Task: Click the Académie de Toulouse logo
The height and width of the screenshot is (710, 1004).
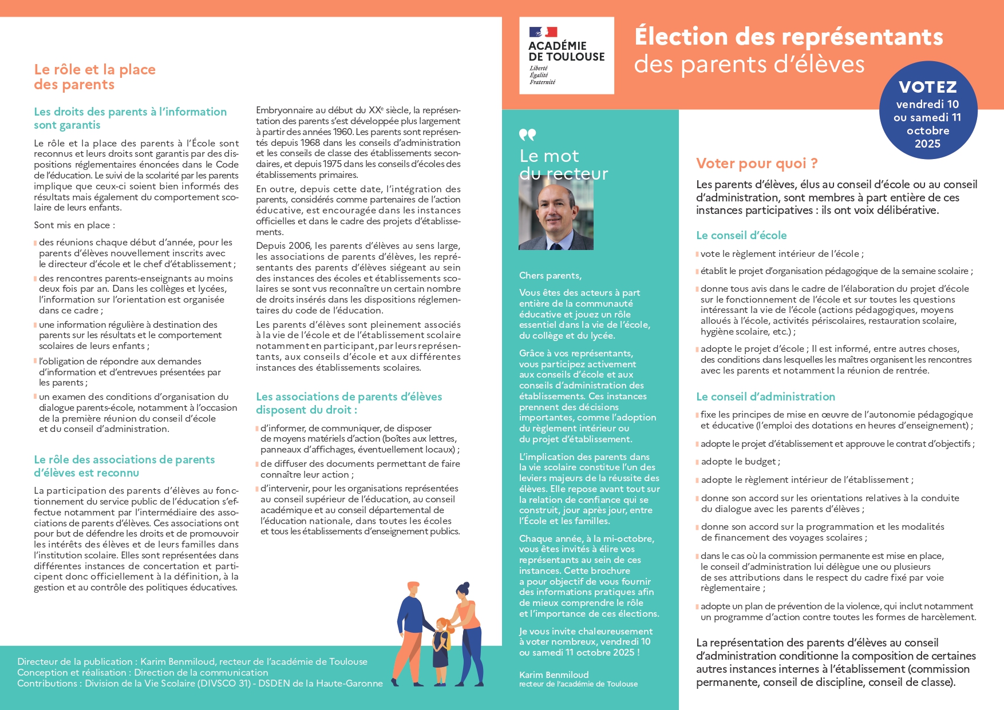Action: coord(566,55)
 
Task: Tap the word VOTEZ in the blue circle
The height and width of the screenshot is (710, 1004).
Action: coord(928,87)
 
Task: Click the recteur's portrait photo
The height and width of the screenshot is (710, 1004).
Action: coord(556,213)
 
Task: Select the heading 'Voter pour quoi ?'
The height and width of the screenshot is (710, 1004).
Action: coord(757,164)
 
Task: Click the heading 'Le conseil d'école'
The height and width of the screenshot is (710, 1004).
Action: coord(741,235)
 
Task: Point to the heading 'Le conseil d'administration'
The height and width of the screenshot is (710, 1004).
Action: coord(765,396)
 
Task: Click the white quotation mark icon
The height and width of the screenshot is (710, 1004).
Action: coord(527,135)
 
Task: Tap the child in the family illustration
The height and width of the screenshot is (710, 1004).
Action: coord(441,649)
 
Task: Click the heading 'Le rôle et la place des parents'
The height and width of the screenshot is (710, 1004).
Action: coord(95,77)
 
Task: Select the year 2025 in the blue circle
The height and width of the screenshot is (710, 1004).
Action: coord(927,144)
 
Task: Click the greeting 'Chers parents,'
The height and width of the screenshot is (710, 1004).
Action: coord(550,275)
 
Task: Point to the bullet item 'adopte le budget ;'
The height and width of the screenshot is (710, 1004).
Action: coord(740,462)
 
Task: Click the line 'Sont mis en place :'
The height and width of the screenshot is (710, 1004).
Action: coord(74,225)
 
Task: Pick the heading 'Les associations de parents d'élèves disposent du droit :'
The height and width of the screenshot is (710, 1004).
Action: coord(349,403)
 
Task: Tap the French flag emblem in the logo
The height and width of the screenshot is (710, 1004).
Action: coord(543,33)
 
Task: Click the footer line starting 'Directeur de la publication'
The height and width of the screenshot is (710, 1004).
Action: coord(192,661)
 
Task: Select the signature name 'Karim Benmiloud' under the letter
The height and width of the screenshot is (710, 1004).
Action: coord(554,675)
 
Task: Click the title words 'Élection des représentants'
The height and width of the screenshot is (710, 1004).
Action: coord(788,37)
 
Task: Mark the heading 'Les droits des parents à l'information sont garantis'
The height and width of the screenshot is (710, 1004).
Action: coord(130,118)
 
